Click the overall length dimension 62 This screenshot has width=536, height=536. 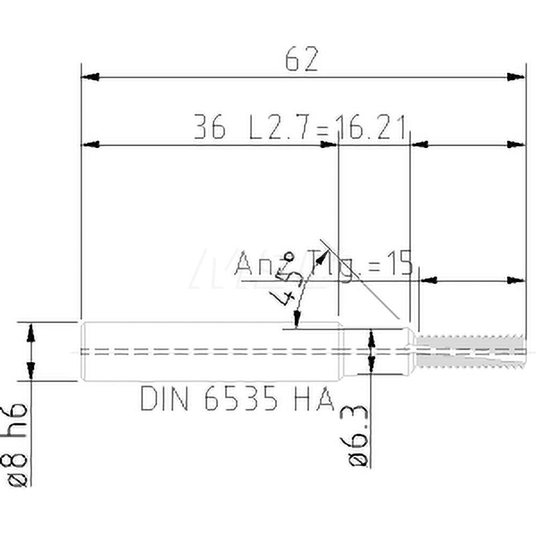[302, 59]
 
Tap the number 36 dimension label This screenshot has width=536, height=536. [210, 129]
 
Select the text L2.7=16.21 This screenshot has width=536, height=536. [327, 129]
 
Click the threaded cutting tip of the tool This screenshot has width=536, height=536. [470, 351]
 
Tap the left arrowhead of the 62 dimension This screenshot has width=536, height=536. [90, 77]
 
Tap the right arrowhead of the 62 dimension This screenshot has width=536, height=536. [516, 77]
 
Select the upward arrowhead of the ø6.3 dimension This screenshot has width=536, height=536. [370, 340]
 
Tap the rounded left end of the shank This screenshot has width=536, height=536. [83, 351]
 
